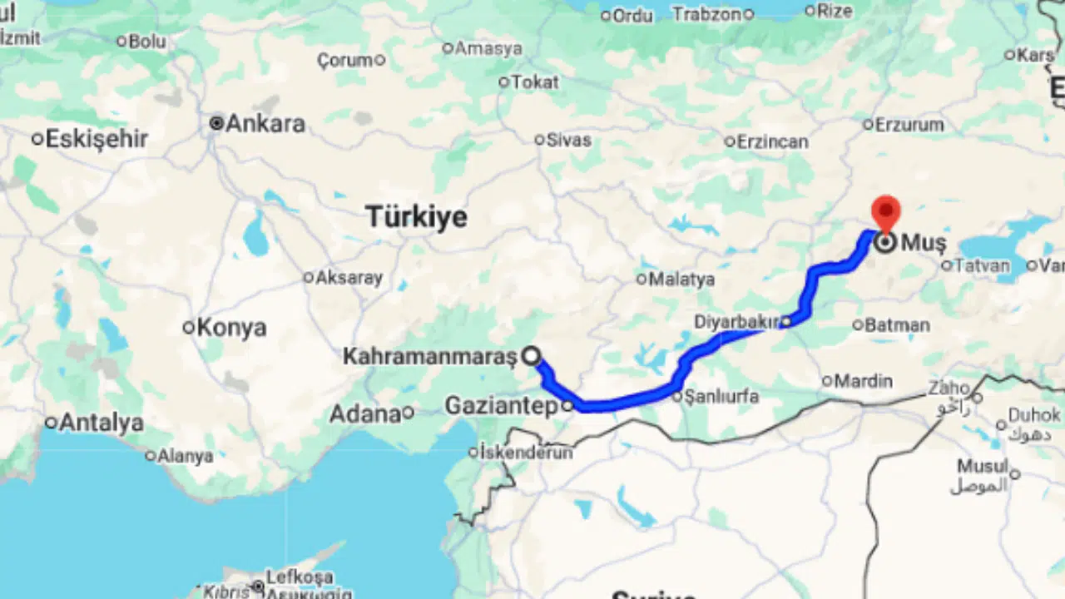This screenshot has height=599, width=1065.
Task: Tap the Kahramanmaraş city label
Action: pos(430,357)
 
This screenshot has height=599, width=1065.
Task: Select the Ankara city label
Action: pos(265,124)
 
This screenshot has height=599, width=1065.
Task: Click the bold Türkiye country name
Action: pos(417,217)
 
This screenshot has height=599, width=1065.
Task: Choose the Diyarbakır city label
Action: pos(736,322)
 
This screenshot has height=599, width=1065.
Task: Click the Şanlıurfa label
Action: pos(721,397)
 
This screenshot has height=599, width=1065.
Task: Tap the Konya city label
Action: pos(231,328)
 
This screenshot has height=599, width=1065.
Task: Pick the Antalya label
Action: pos(102,423)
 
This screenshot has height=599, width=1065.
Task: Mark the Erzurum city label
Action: pos(909,125)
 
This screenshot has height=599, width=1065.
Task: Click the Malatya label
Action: pos(681,280)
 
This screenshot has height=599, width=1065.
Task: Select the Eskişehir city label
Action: pos(97,139)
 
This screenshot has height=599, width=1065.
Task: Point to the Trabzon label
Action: pos(706,14)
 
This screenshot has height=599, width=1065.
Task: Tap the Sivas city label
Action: pos(569,140)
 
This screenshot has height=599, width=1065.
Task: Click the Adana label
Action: pos(365,413)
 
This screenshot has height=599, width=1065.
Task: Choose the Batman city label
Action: pos(897,325)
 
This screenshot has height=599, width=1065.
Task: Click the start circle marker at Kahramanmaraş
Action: pos(532,357)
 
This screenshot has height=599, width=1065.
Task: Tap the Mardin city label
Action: pos(864,382)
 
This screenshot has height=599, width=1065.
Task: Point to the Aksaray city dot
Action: pos(308,278)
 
